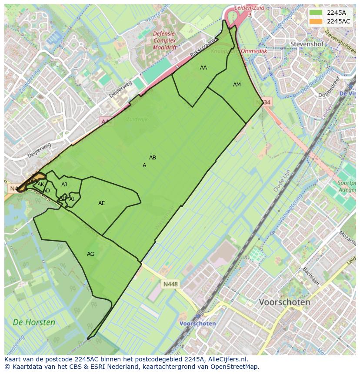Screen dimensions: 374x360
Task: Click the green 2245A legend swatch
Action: click(316, 13)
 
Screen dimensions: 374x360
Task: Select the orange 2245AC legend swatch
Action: click(316, 21)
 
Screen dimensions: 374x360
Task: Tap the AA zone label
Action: click(203, 68)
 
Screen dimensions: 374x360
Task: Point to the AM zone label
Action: click(237, 85)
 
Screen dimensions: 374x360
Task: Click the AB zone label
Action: click(153, 158)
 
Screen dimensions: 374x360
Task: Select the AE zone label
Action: click(102, 203)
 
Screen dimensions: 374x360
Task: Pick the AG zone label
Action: click(90, 254)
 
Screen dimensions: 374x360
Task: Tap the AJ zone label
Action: click(64, 185)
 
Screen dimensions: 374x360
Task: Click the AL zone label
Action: click(72, 199)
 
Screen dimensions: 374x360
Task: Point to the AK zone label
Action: click(41, 185)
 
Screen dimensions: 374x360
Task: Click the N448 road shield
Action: click(170, 285)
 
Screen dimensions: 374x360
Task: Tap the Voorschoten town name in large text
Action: click(284, 302)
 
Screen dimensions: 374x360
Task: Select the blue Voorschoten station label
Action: click(198, 324)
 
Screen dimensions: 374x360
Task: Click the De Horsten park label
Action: click(34, 322)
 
